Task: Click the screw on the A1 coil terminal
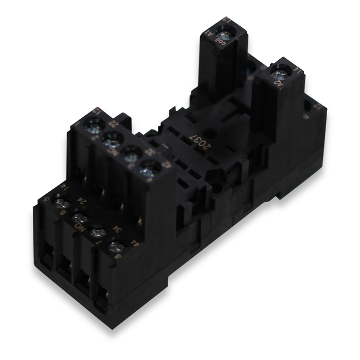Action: [223, 34]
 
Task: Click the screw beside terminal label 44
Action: [114, 244]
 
